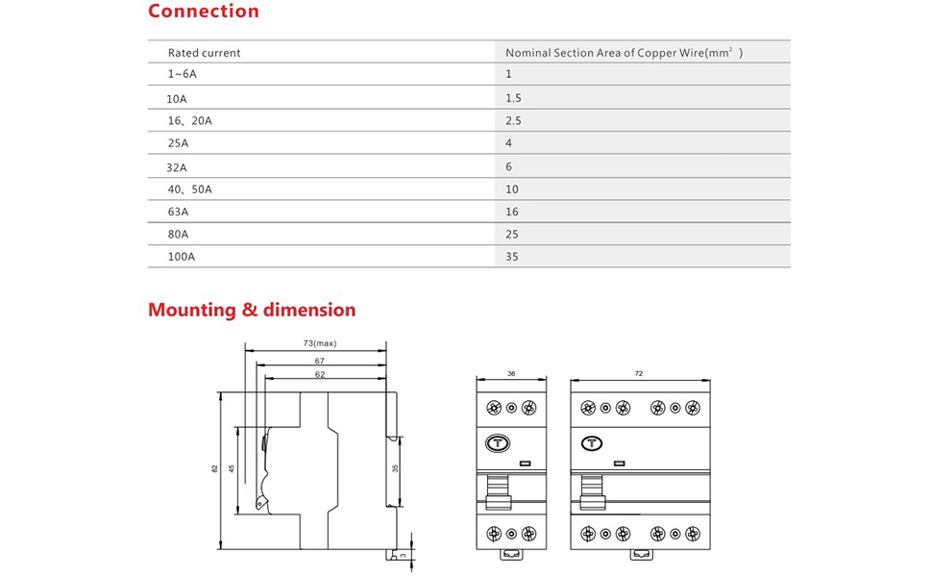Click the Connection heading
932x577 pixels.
click(x=203, y=13)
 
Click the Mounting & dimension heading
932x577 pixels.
click(x=252, y=311)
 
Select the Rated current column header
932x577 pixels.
click(x=204, y=53)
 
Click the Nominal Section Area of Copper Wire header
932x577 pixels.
click(x=623, y=53)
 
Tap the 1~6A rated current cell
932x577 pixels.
click(x=184, y=74)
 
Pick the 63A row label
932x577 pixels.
click(x=178, y=211)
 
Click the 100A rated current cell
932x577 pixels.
click(x=181, y=257)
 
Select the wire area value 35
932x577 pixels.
click(x=511, y=257)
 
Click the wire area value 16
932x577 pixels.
click(x=511, y=211)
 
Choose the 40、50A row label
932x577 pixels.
click(x=189, y=189)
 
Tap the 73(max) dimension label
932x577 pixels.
click(x=320, y=343)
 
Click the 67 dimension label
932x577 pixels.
click(x=320, y=361)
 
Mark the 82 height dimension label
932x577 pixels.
click(x=214, y=468)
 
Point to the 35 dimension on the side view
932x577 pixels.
click(x=395, y=468)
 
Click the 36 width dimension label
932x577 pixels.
click(x=511, y=373)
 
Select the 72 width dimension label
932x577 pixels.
click(x=639, y=373)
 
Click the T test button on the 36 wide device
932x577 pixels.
click(x=498, y=443)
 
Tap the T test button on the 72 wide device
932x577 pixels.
click(x=591, y=443)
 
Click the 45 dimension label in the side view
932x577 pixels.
click(x=232, y=468)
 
